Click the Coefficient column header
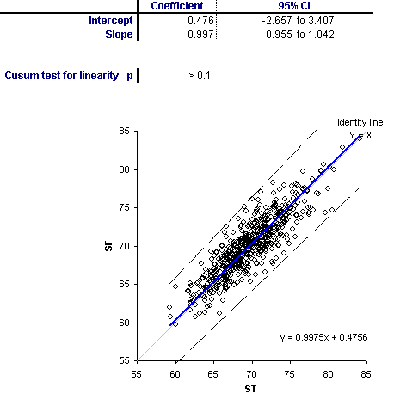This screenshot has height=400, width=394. (177, 6)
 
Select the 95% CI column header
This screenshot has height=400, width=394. (294, 6)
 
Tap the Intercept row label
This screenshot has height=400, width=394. (111, 21)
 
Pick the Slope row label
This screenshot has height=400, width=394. (119, 34)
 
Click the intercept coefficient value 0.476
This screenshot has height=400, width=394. (200, 21)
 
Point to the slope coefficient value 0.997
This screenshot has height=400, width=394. (200, 34)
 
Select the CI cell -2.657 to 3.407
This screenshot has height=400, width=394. (298, 21)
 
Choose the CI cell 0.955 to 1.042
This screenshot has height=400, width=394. (300, 34)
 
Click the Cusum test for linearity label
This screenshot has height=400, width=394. (69, 76)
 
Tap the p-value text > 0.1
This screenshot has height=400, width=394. (200, 76)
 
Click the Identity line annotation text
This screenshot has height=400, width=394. (360, 123)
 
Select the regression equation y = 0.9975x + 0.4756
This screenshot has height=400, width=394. (324, 337)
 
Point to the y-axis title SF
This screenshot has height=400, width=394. (109, 246)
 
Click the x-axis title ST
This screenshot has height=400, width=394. (250, 389)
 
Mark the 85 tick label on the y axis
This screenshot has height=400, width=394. (124, 132)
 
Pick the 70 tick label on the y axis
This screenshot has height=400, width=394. (124, 246)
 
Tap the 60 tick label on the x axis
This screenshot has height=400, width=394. (175, 374)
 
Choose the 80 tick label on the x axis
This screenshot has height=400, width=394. (328, 374)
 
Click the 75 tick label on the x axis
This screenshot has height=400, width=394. (290, 374)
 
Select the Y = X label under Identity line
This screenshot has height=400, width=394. (360, 135)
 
